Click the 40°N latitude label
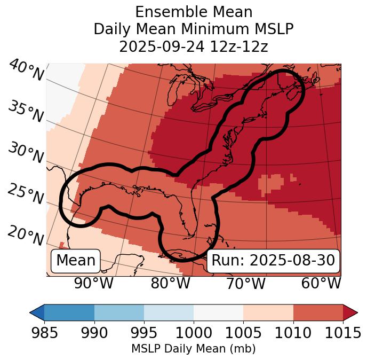click(x=26, y=71)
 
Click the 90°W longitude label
click(x=94, y=283)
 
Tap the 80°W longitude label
click(x=171, y=283)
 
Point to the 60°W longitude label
click(x=321, y=283)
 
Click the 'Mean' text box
click(x=76, y=261)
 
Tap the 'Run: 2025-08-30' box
click(x=273, y=261)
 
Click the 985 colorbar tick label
click(x=44, y=333)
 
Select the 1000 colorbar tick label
click(x=194, y=333)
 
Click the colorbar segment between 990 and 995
click(x=119, y=312)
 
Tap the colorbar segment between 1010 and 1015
click(x=318, y=312)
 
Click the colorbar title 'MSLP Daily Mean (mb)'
click(x=193, y=349)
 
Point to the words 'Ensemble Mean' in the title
click(x=194, y=12)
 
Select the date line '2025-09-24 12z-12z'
click(x=194, y=46)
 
